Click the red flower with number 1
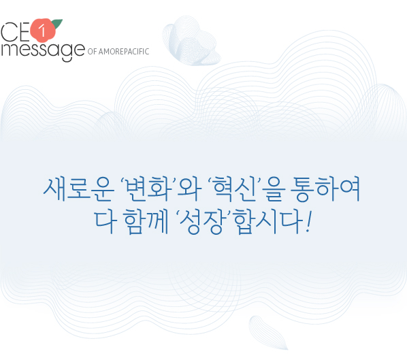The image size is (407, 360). (43, 31)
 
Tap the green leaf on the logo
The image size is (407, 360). (57, 24)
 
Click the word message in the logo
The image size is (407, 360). (43, 50)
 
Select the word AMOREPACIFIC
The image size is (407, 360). (124, 52)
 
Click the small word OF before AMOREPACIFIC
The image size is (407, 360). (92, 52)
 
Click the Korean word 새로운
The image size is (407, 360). (79, 189)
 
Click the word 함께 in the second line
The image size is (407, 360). (146, 222)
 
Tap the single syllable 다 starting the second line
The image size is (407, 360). (104, 222)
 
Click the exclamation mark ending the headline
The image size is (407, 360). (308, 222)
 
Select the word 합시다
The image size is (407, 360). (269, 222)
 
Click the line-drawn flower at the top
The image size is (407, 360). (191, 41)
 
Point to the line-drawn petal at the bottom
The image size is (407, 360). (268, 333)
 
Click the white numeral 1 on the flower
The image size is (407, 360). (42, 31)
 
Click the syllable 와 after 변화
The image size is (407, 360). (189, 189)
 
